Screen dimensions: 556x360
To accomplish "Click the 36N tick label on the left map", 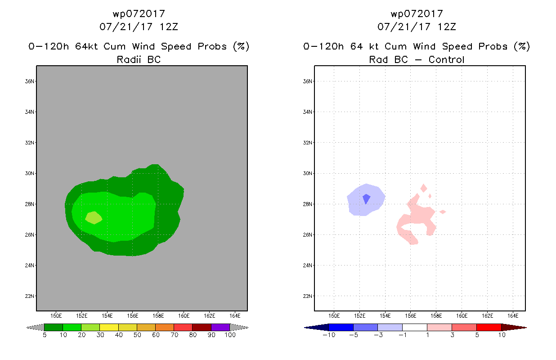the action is pos(29,81).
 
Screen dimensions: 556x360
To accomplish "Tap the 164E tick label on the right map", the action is pos(513,315).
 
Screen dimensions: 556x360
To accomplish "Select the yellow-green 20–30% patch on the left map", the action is pos(94,218).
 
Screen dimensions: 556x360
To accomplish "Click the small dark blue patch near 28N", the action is pos(366,198).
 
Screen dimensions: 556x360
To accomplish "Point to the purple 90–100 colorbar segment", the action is pos(220,327).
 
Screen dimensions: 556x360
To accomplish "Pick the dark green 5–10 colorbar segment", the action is pos(54,327).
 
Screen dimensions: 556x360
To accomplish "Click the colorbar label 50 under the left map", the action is pos(137,335).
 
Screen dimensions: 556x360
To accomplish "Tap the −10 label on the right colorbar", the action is pos(329,335).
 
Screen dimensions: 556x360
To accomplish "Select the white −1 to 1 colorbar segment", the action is pos(414,327).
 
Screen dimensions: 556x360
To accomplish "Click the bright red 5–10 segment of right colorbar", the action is pos(489,327).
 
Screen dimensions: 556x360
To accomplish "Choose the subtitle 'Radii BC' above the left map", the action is pos(139,59).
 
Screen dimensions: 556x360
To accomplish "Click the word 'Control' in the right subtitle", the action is pos(446,59).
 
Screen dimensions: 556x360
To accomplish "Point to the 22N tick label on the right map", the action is pos(307,296).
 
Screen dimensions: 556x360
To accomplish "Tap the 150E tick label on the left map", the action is pos(56,315).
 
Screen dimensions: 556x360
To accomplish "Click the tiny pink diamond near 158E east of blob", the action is pos(443,212).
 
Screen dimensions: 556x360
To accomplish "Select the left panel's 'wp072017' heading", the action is pos(139,13).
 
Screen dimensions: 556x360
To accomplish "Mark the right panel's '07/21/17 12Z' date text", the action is pos(417,27).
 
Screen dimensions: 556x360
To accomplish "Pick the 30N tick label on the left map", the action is pos(29,173).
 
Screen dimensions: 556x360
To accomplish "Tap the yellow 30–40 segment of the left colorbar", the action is pos(109,327).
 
